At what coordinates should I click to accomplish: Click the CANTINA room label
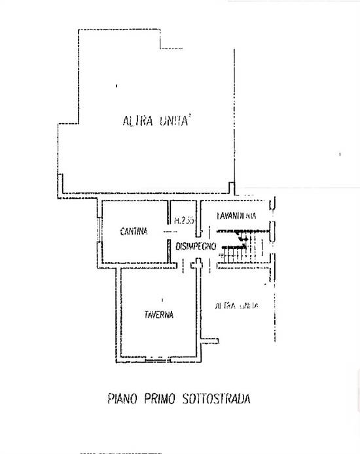(x=134, y=231)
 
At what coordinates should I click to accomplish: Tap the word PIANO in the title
(x=123, y=398)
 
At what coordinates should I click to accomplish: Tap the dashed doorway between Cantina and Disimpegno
(x=170, y=232)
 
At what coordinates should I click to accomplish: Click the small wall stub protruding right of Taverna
(x=209, y=340)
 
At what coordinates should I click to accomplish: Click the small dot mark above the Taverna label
(x=161, y=299)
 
